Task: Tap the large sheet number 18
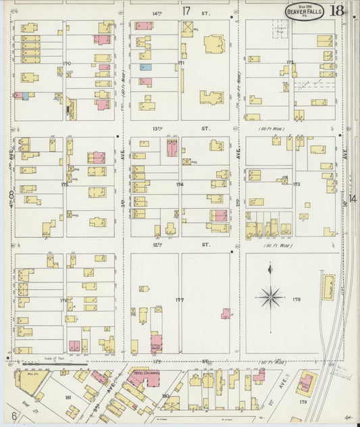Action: point(337,11)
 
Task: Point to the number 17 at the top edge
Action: point(186,11)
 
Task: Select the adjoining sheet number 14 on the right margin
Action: point(353,197)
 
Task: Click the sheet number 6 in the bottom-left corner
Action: point(13,416)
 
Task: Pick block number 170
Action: point(66,64)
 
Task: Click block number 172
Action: point(290,62)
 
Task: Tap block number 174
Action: point(180,184)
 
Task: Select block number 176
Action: point(65,300)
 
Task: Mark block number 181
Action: point(68,398)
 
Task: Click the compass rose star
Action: point(270,295)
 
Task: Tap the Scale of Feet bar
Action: point(47,362)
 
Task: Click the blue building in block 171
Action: point(145,67)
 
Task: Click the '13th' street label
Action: point(157,128)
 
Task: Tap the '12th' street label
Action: point(157,245)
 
